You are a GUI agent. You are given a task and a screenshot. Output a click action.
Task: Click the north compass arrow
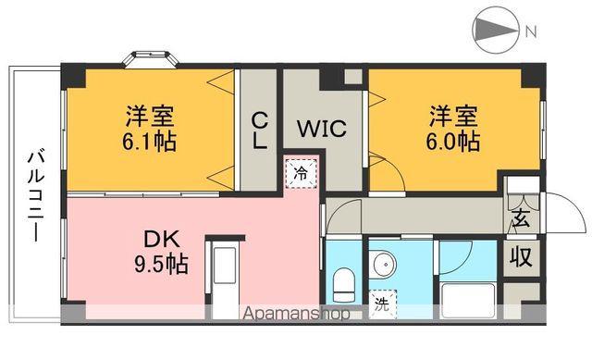(x=498, y=30)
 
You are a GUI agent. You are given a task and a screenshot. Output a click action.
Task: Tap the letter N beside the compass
(x=531, y=31)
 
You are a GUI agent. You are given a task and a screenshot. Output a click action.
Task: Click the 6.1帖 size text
(x=152, y=143)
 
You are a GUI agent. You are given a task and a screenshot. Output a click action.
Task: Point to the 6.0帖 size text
(x=453, y=143)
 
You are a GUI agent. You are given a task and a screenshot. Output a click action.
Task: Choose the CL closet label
(x=260, y=130)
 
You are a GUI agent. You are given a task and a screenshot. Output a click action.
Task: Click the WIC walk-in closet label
(x=321, y=129)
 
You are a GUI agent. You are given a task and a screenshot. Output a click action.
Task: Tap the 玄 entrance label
(x=520, y=221)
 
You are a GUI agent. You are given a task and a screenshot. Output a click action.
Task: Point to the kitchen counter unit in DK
(x=223, y=274)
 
